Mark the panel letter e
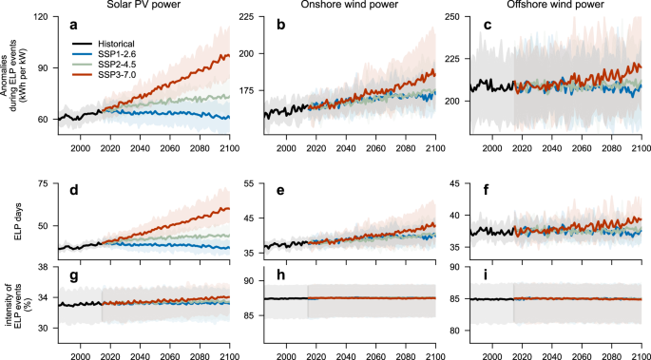(280, 191)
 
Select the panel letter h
(280, 277)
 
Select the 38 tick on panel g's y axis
(43, 268)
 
